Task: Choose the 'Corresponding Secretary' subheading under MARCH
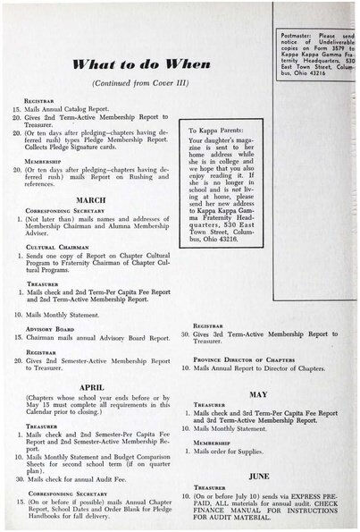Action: [x=55, y=211]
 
